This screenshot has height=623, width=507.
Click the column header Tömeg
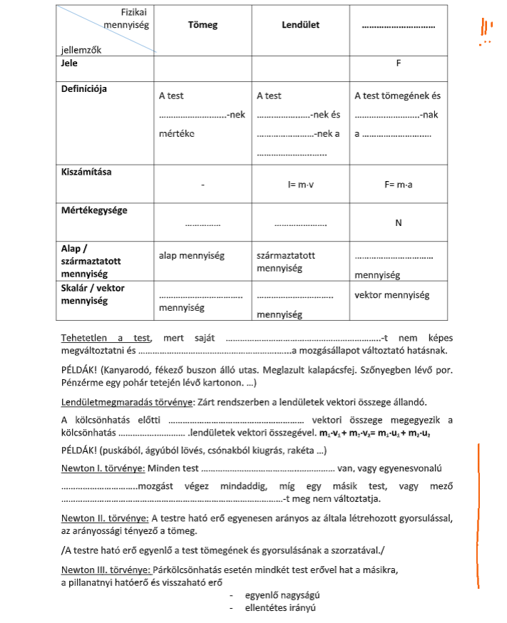coord(203,25)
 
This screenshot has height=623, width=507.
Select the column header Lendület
coord(300,25)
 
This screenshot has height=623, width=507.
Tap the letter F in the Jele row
coord(399,63)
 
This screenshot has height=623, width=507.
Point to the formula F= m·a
coord(399,185)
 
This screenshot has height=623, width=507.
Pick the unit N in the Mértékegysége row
coord(399,223)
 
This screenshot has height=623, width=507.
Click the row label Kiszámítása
coord(86,173)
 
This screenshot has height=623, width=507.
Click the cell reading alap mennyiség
coord(190,255)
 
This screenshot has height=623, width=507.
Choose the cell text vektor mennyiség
coord(391,294)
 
